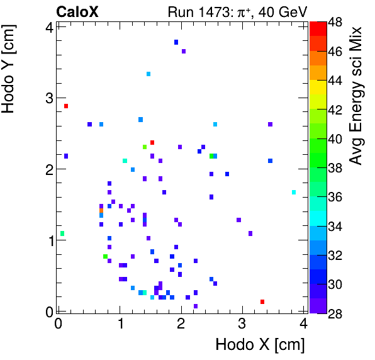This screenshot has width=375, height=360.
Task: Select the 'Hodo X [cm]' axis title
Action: [260, 344]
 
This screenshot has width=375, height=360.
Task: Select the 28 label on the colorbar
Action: [335, 313]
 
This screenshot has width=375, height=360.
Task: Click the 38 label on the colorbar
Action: [335, 168]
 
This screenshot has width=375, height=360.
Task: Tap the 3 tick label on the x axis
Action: [242, 323]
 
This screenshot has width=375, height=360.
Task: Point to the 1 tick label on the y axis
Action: [48, 240]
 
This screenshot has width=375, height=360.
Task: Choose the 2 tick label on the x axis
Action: [181, 323]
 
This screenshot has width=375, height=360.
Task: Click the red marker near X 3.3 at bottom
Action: [262, 302]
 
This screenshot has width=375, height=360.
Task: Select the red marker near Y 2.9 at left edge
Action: [65, 106]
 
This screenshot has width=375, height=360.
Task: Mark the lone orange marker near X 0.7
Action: [101, 211]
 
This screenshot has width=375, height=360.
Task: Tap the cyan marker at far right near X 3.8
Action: [293, 192]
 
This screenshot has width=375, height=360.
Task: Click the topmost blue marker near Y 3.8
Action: [176, 42]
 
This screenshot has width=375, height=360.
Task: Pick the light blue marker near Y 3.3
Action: [148, 74]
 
